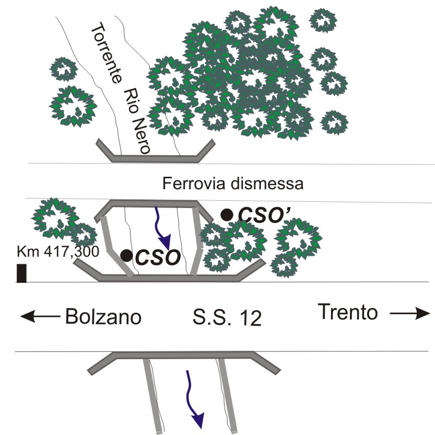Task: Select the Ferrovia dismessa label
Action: (x=232, y=184)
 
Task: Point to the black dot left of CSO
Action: (x=126, y=255)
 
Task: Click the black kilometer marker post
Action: (x=21, y=273)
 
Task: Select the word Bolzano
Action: (x=103, y=316)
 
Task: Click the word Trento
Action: (x=348, y=313)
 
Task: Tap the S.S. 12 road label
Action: (x=226, y=318)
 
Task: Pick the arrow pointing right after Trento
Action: (x=410, y=313)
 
